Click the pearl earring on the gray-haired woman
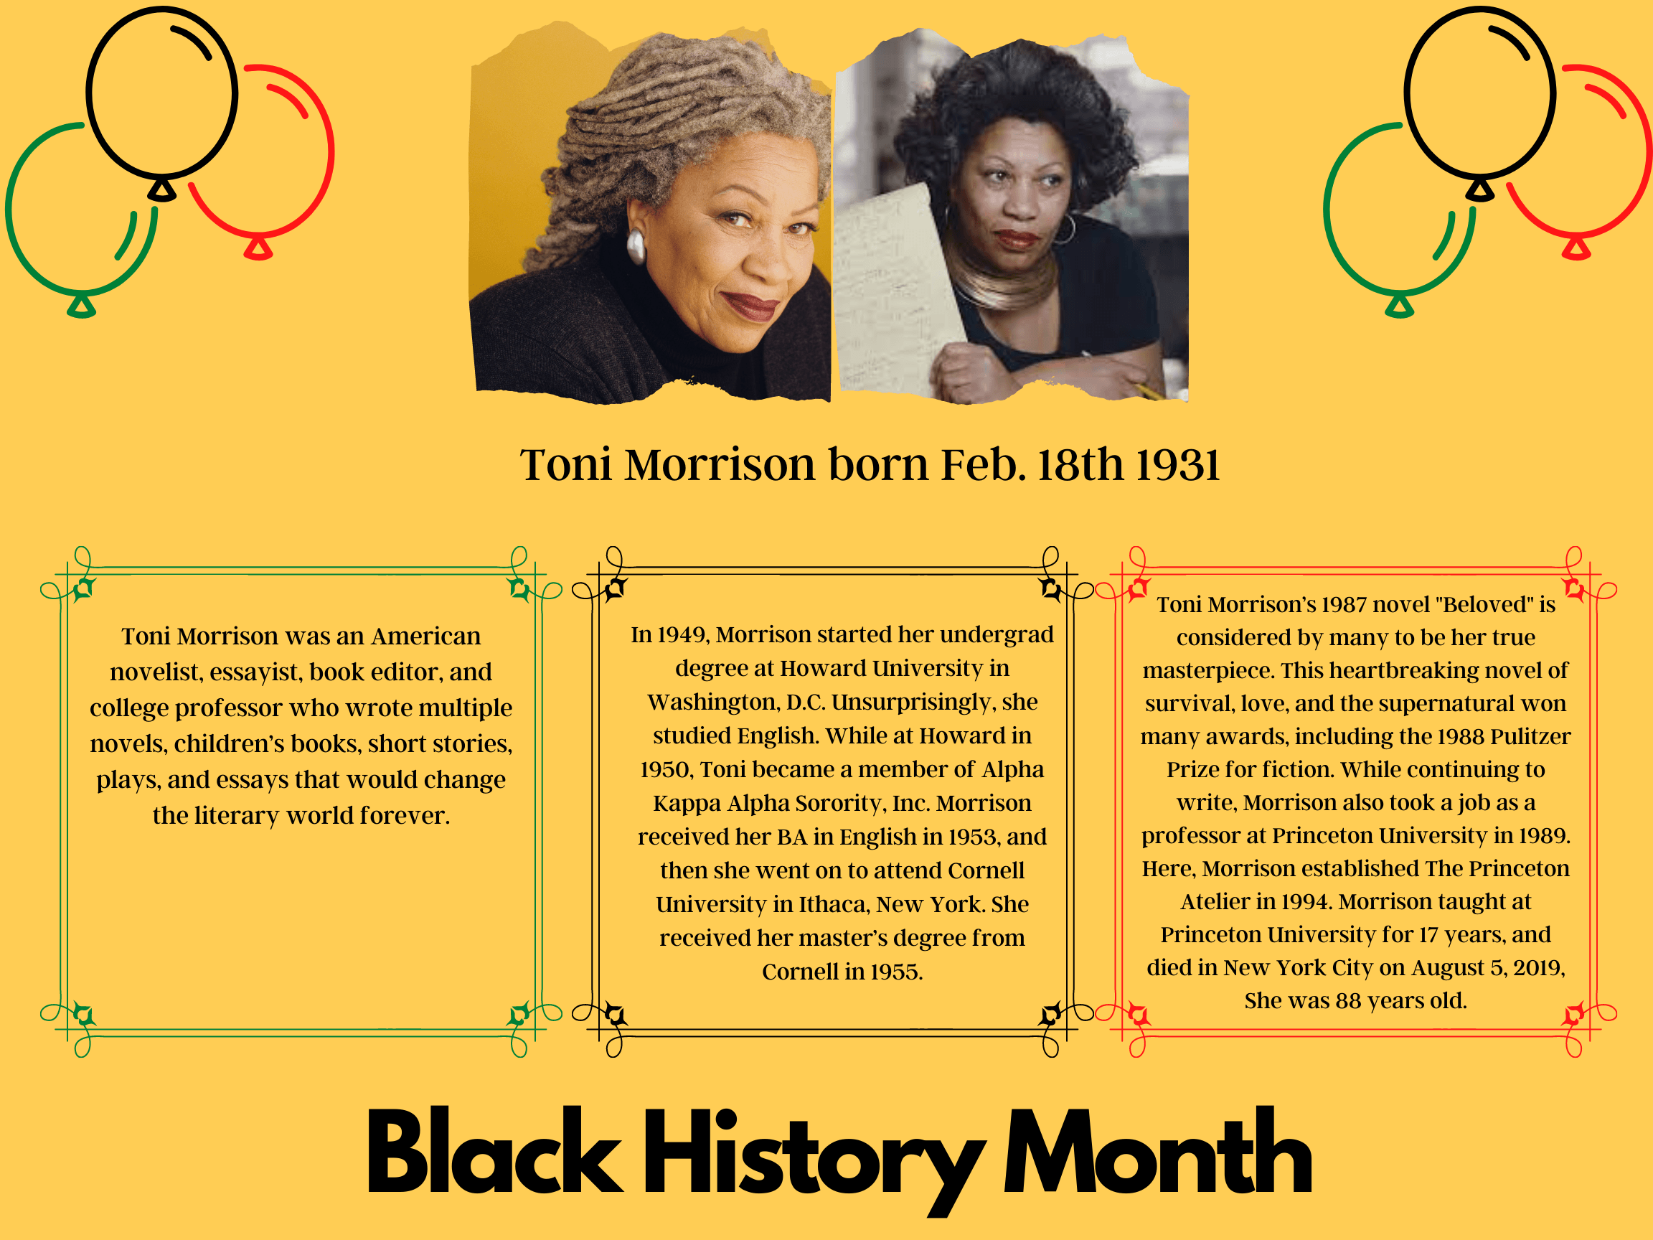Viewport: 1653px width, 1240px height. click(635, 245)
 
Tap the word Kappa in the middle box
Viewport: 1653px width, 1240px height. click(687, 804)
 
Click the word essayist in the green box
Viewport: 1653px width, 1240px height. click(252, 672)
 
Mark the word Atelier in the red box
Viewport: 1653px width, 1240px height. click(1215, 901)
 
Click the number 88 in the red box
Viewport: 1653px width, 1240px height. click(1348, 1001)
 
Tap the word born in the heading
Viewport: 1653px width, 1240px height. click(879, 465)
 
